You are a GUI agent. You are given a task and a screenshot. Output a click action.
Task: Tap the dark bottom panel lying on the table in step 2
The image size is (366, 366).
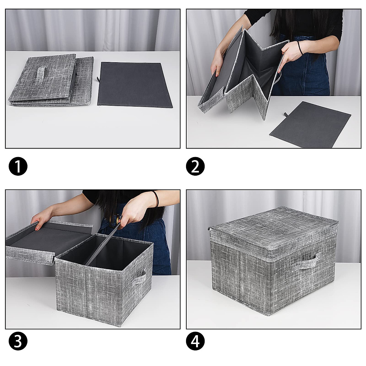point(310,124)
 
